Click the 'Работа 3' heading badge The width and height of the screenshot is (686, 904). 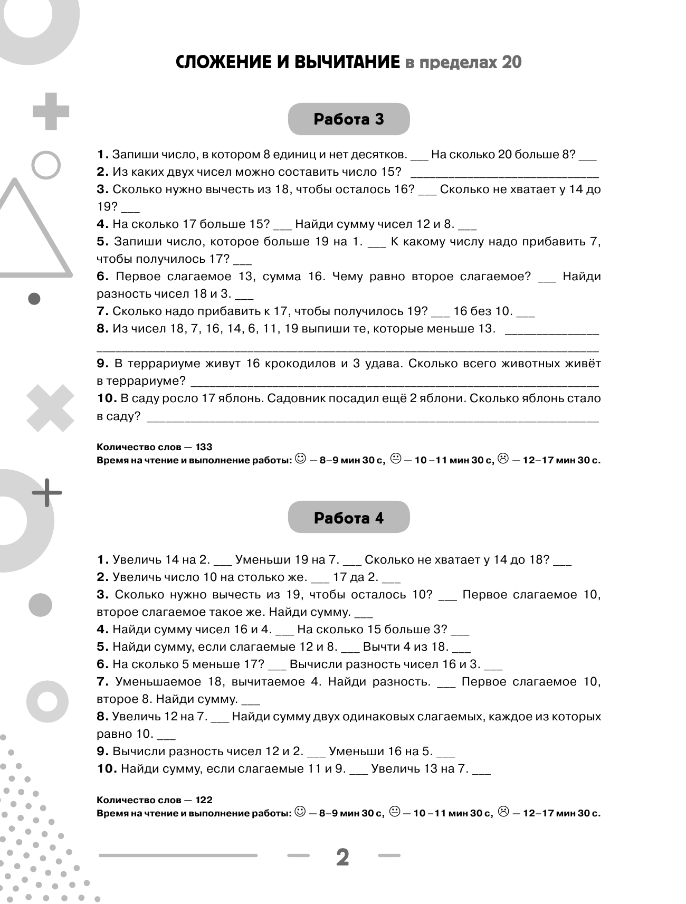coord(348,119)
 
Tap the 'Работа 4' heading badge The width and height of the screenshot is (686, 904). coord(348,518)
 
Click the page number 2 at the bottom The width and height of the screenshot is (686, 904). coord(342,858)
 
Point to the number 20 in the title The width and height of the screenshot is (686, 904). coord(511,63)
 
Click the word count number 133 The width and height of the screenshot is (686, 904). coord(203,447)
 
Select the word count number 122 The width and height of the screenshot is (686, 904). coord(203,800)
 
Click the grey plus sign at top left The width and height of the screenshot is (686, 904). coord(51,111)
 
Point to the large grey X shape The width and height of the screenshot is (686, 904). coord(50,408)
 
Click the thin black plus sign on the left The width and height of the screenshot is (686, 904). coord(47,492)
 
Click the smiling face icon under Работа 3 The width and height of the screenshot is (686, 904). coord(300,459)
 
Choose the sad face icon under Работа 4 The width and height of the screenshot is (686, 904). coord(503,812)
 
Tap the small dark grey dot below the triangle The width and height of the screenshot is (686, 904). coord(34,299)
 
